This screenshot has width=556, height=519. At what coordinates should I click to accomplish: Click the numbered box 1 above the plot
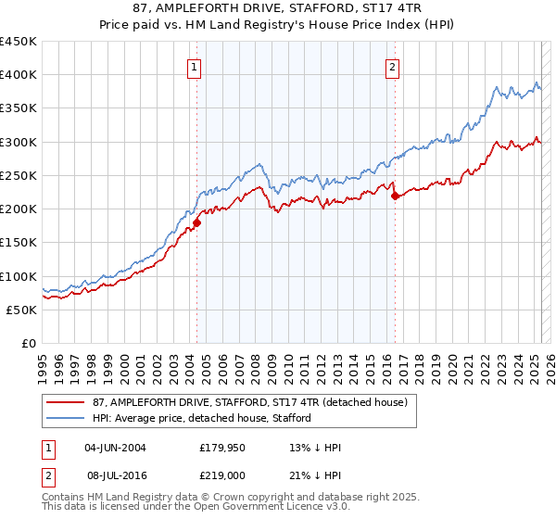tap(195, 67)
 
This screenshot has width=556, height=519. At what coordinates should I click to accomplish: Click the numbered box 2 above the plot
tap(393, 67)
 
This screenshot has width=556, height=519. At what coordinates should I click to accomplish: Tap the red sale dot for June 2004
tap(197, 222)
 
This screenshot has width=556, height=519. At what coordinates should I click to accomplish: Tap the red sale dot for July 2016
tap(395, 196)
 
